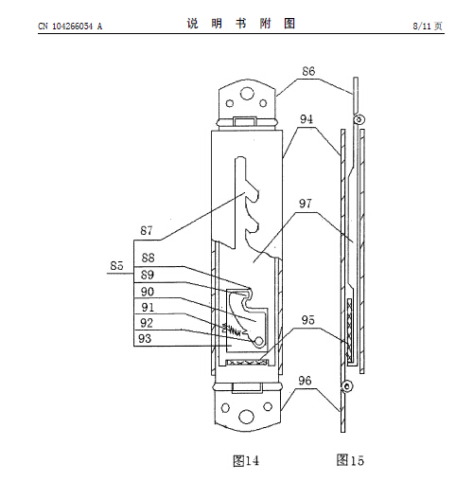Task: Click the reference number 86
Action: [x=308, y=71]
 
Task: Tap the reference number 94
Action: [x=307, y=119]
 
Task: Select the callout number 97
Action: [x=306, y=204]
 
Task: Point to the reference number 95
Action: [x=308, y=320]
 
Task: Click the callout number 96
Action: [x=305, y=381]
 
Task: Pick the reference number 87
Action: [x=147, y=230]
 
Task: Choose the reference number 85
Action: [x=116, y=265]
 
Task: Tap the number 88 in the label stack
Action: [x=149, y=258]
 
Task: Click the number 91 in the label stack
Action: [x=148, y=308]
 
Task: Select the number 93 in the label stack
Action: [x=145, y=338]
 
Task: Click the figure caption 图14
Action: [x=246, y=461]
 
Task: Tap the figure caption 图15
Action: [x=350, y=460]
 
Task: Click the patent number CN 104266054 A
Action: [x=70, y=27]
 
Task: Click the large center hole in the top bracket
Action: [x=247, y=94]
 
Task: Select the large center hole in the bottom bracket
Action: [x=247, y=417]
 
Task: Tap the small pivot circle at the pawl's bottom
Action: [x=258, y=341]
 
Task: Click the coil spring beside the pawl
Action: [x=232, y=330]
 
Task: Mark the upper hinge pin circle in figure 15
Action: [x=359, y=120]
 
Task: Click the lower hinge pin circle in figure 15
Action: [x=347, y=386]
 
